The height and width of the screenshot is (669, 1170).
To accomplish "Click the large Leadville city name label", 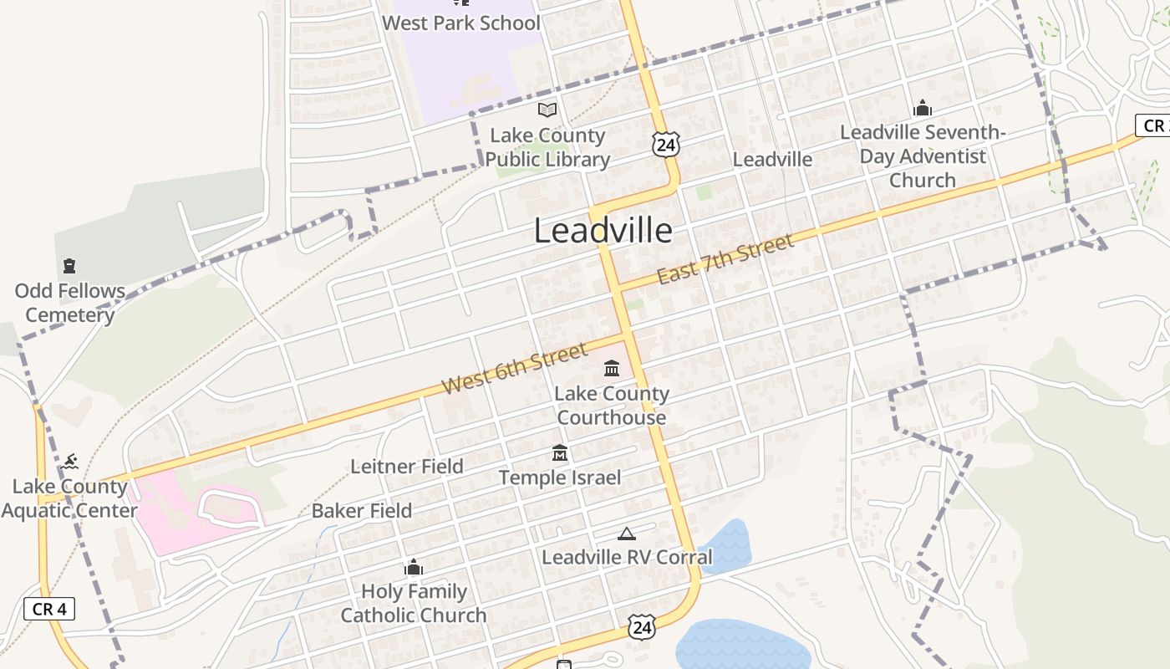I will (x=603, y=231).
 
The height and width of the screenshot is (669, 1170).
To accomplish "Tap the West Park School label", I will (x=460, y=23).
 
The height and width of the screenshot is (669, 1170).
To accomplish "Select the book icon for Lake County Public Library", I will (x=547, y=110).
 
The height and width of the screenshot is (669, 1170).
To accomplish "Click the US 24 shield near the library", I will (x=666, y=144).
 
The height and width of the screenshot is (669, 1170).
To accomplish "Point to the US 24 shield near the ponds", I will (x=642, y=626).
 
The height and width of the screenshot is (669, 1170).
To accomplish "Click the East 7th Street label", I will (x=724, y=259).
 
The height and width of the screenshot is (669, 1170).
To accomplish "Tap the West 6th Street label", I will (x=515, y=369).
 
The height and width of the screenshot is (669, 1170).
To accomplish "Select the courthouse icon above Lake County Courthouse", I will (x=612, y=368).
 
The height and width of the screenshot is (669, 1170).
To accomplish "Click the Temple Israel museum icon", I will (x=560, y=453).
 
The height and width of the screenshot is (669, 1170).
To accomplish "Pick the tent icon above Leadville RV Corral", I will (x=627, y=534).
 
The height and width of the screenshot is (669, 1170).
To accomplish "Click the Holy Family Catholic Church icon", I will (x=414, y=568).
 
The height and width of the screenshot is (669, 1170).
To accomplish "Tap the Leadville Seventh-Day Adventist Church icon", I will (x=923, y=108).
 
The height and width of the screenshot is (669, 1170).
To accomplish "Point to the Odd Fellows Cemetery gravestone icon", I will (x=69, y=266).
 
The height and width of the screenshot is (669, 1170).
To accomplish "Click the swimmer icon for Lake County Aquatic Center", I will (x=71, y=462).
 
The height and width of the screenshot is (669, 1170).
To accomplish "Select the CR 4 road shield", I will (x=49, y=609).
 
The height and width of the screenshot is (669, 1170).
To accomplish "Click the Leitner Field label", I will (x=407, y=467).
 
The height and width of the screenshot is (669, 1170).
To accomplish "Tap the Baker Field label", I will (x=362, y=511).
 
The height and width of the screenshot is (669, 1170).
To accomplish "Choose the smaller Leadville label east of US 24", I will (x=772, y=159).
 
